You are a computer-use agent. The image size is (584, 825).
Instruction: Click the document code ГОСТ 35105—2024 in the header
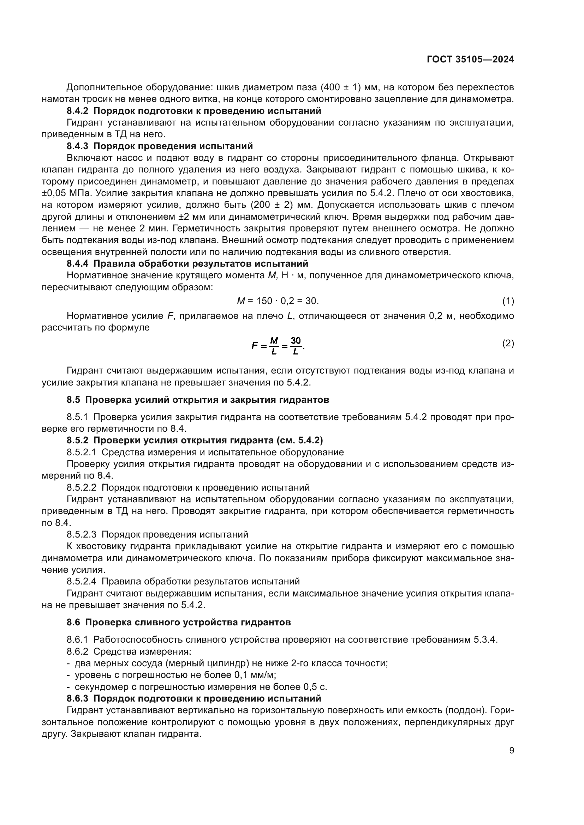[470, 60]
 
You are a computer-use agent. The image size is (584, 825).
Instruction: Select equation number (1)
[508, 301]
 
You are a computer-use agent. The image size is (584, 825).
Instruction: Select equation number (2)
[508, 344]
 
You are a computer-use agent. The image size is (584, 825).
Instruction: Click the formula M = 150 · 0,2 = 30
[278, 301]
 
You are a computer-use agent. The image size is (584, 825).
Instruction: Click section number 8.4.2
[77, 111]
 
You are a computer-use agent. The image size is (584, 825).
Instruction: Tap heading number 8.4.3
[77, 146]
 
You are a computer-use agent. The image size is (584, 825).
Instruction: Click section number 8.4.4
[77, 263]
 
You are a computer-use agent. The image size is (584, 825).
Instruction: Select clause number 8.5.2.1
[81, 452]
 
